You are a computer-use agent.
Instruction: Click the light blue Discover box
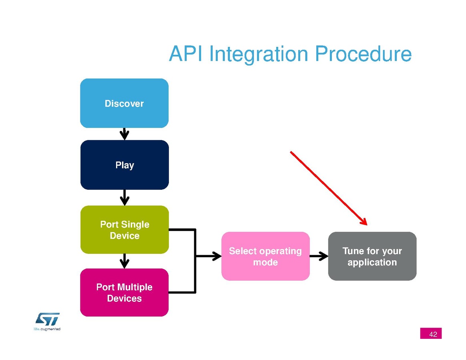[124, 103]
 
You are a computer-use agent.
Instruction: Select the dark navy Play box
[124, 165]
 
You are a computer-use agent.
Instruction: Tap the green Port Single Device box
[124, 230]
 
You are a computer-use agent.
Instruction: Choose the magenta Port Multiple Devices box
[124, 293]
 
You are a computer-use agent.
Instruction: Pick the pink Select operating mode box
[265, 256]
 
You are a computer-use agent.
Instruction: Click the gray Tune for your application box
[372, 256]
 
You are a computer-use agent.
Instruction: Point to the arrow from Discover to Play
[125, 134]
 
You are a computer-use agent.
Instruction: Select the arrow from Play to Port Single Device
[125, 197]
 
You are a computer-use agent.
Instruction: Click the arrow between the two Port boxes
[125, 261]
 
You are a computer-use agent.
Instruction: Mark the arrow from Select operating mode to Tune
[319, 256]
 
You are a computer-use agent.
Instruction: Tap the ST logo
[48, 319]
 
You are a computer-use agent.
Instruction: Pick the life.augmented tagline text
[46, 329]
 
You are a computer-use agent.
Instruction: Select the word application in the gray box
[372, 262]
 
